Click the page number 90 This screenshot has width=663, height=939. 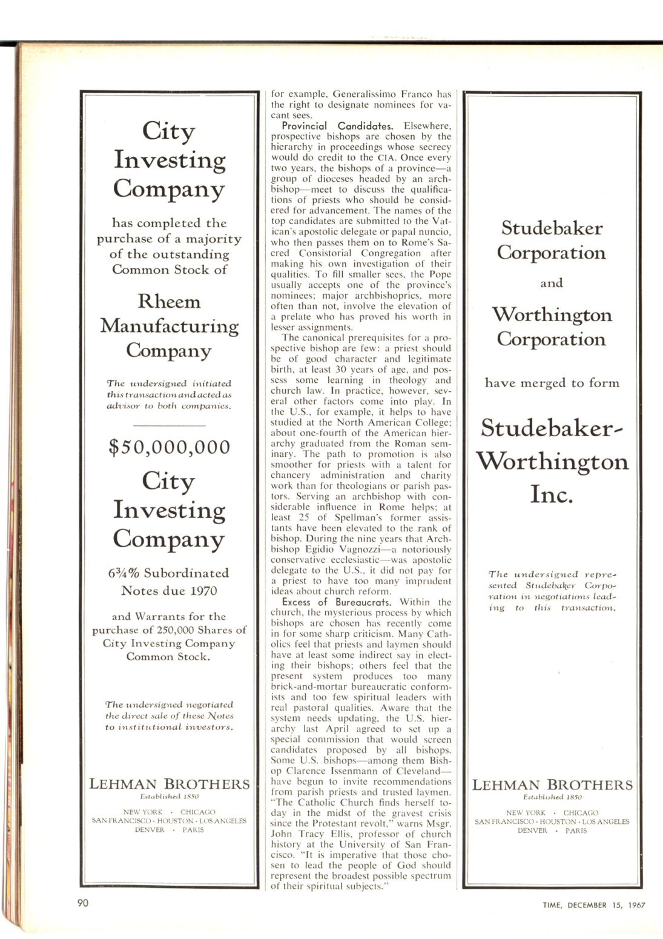pos(83,903)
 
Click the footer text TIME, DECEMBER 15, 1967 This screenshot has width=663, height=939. pos(593,905)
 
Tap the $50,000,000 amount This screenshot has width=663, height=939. pos(170,447)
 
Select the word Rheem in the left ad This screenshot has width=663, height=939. pos(169,301)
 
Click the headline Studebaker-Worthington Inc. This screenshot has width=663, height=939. pos(552,461)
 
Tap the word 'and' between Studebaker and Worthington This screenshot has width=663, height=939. pos(552,283)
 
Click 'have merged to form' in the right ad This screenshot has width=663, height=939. pos(552,383)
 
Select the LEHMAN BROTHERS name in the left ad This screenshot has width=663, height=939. pos(170,784)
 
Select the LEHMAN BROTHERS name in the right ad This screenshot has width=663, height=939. pos(552,785)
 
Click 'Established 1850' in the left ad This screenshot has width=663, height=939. pos(170,797)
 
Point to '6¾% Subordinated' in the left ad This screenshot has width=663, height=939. pos(169,573)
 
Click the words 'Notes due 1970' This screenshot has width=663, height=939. pos(169,591)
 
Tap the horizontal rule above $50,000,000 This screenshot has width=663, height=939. pos(169,426)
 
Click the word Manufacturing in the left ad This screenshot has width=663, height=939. pos(170,326)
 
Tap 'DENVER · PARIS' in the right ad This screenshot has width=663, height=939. pos(552,831)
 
